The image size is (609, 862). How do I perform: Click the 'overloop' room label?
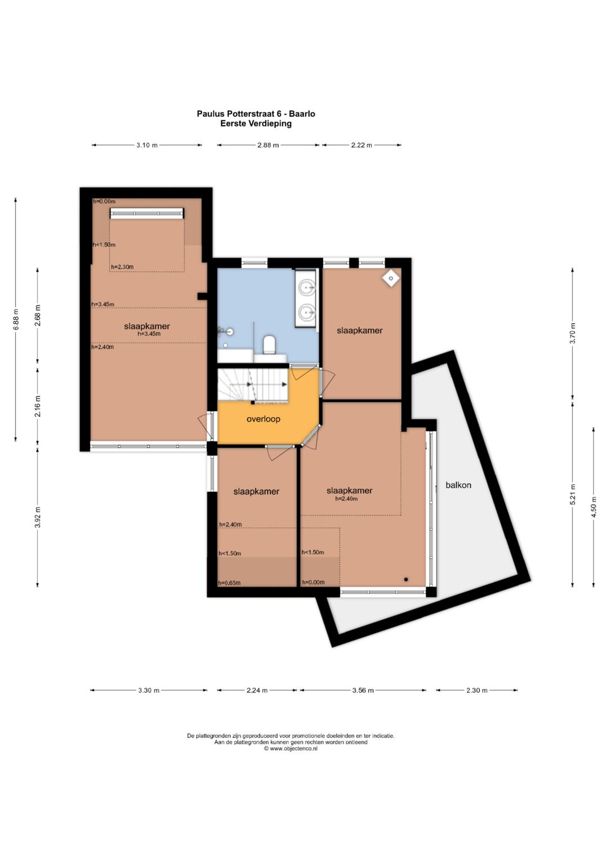(x=263, y=419)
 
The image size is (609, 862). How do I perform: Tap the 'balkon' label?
(x=458, y=485)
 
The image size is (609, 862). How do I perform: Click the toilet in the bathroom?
(x=269, y=344)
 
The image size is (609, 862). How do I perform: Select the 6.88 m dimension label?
(x=16, y=320)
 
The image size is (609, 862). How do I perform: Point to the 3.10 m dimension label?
(x=147, y=145)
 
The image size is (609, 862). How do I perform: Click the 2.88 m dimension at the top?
(x=268, y=145)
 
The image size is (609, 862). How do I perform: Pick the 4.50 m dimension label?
(x=594, y=507)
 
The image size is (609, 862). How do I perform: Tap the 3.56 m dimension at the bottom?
(x=363, y=690)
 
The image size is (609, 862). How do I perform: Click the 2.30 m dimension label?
(x=476, y=690)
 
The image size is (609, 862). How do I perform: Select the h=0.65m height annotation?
(x=230, y=583)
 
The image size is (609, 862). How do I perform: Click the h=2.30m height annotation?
(x=122, y=266)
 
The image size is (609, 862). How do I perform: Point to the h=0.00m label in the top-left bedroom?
(x=104, y=202)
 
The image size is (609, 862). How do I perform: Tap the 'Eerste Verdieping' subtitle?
(x=255, y=124)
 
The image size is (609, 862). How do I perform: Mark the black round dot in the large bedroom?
(x=405, y=579)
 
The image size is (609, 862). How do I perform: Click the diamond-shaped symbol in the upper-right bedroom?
(x=391, y=278)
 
